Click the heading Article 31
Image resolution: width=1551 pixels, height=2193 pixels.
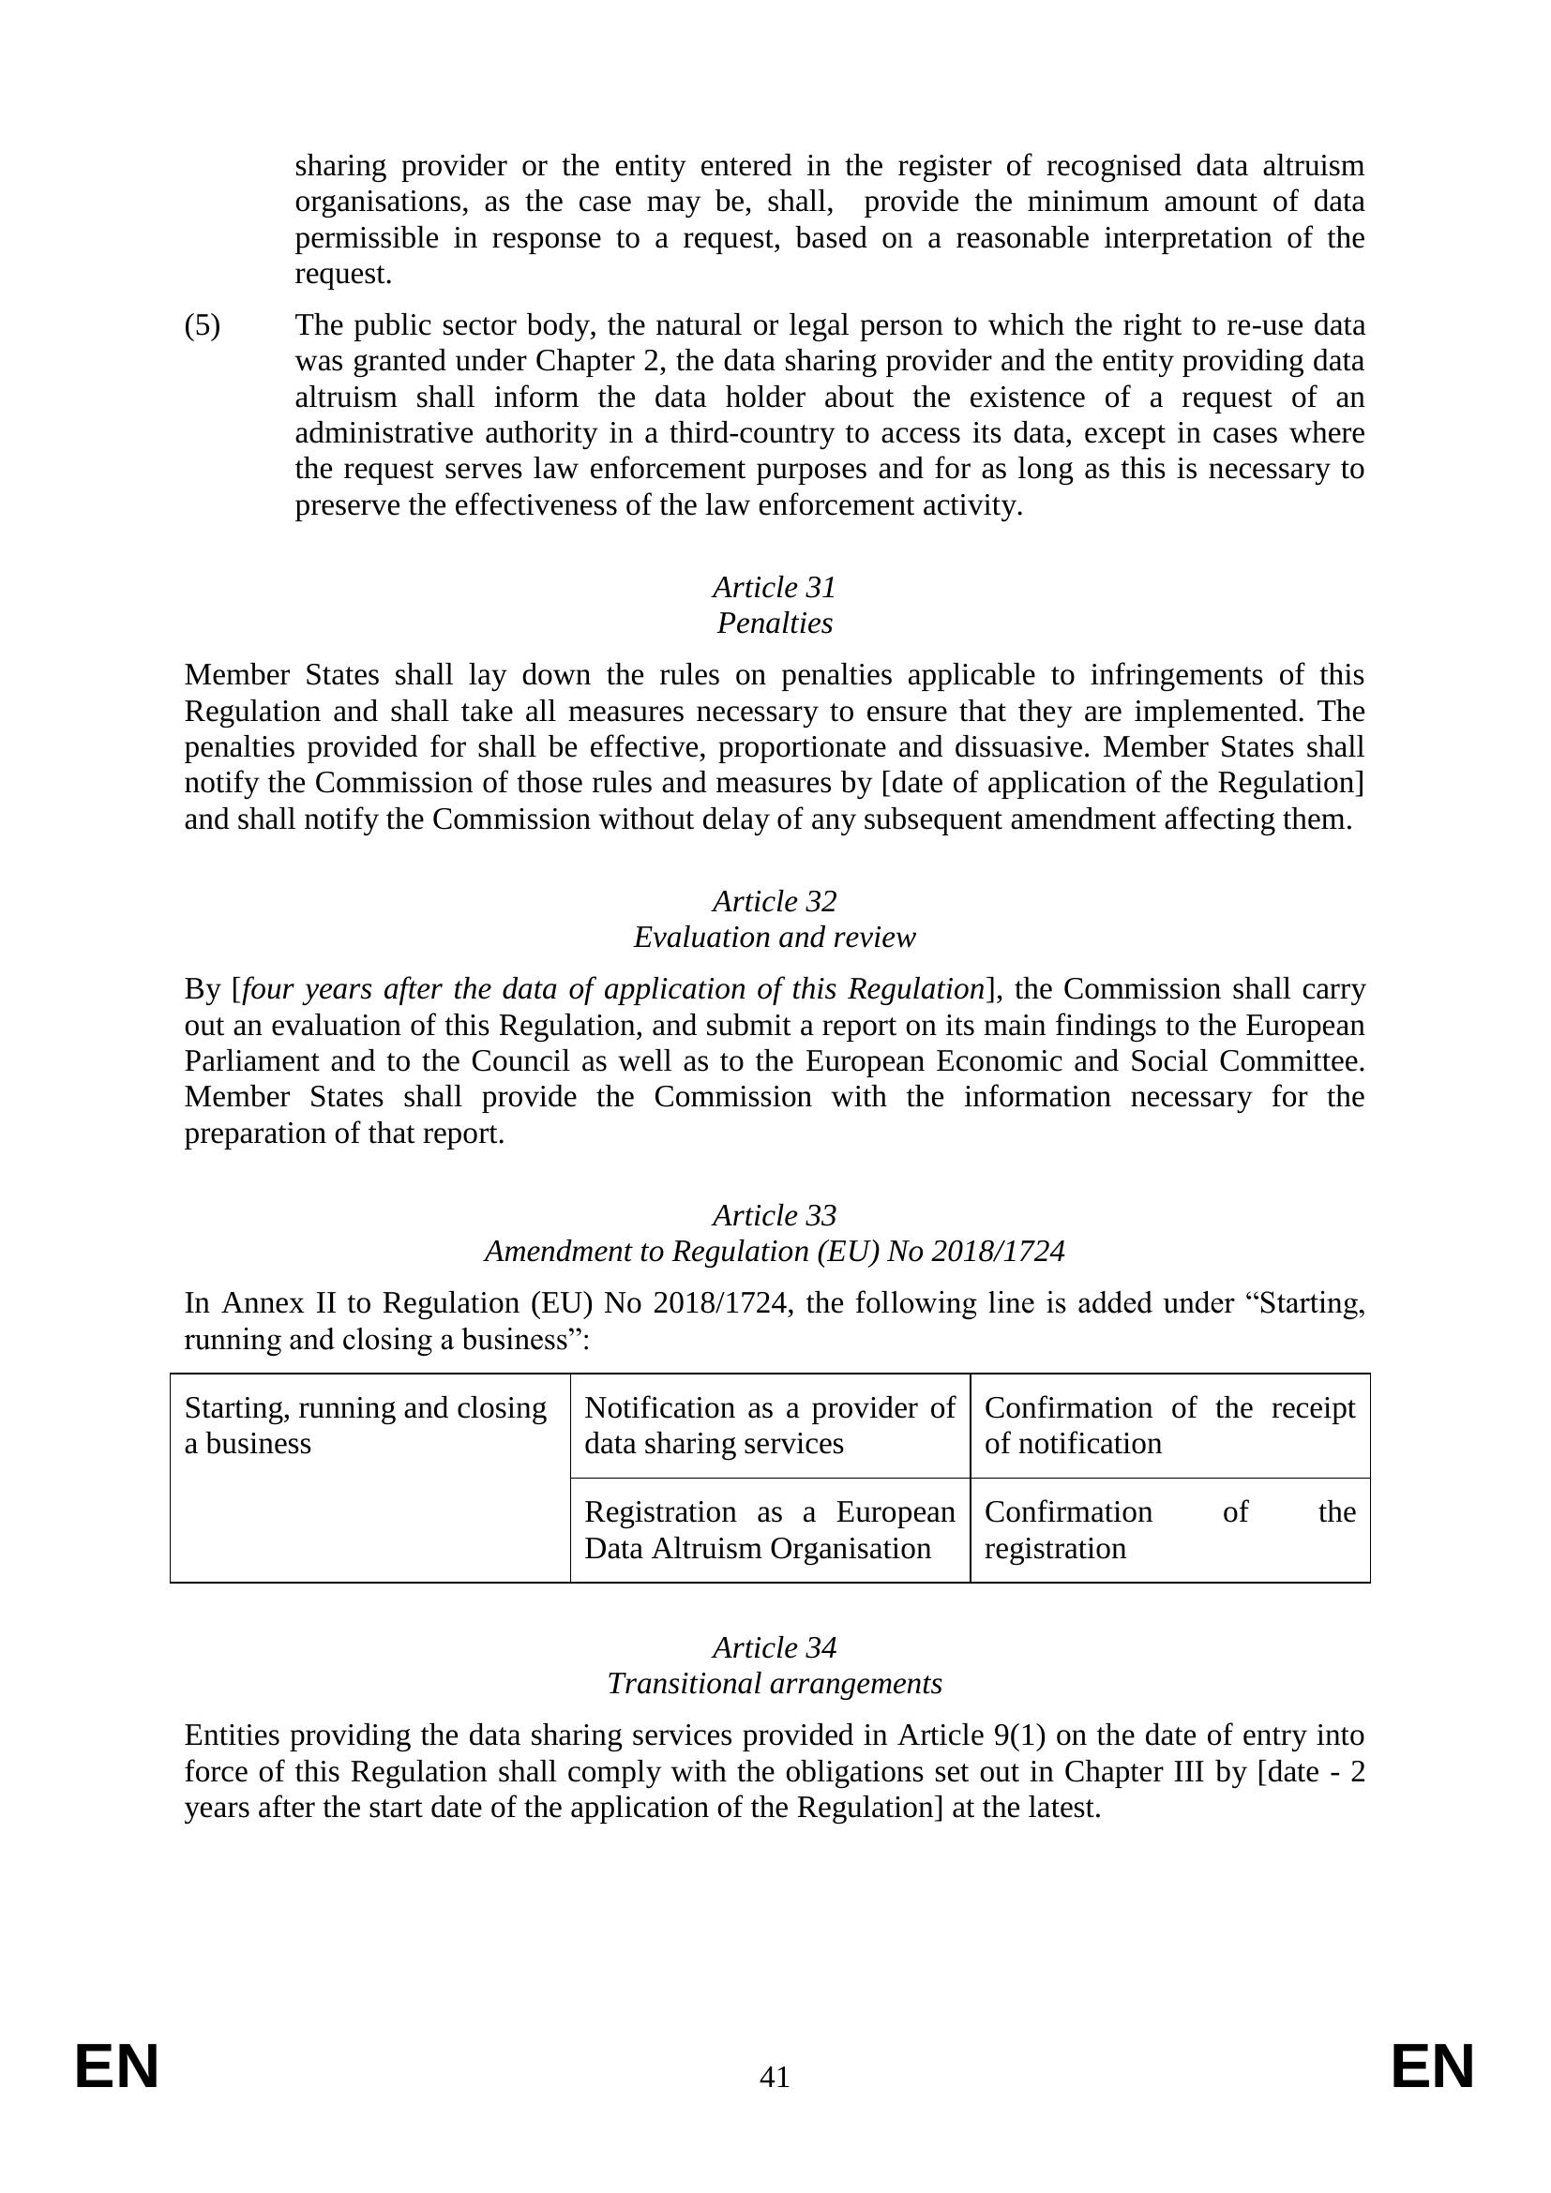[x=775, y=586]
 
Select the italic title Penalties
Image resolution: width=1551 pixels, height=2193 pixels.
[x=775, y=623]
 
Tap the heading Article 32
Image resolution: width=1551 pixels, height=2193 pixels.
[x=775, y=901]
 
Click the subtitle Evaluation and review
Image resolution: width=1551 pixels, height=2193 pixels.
[x=775, y=937]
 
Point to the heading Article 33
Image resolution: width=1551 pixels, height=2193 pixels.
[x=775, y=1215]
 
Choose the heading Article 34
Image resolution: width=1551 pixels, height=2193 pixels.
[x=775, y=1646]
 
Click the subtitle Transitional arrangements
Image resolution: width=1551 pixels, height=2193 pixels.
[x=775, y=1683]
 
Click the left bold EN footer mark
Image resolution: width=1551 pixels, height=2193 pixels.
[x=116, y=2068]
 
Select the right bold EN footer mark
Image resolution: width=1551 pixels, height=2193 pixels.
[x=1433, y=2068]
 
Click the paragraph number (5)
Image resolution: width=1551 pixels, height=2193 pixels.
[x=202, y=325]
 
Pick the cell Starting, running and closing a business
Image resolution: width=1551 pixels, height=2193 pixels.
[x=366, y=1425]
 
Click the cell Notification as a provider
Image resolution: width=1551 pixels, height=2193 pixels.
[x=770, y=1425]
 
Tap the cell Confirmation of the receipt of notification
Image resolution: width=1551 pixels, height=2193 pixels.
[x=1170, y=1425]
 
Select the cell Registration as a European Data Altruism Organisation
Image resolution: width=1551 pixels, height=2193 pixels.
[x=770, y=1530]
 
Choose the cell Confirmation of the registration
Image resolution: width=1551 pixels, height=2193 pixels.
[x=1170, y=1530]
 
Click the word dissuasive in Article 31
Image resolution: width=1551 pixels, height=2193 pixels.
[x=1018, y=747]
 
